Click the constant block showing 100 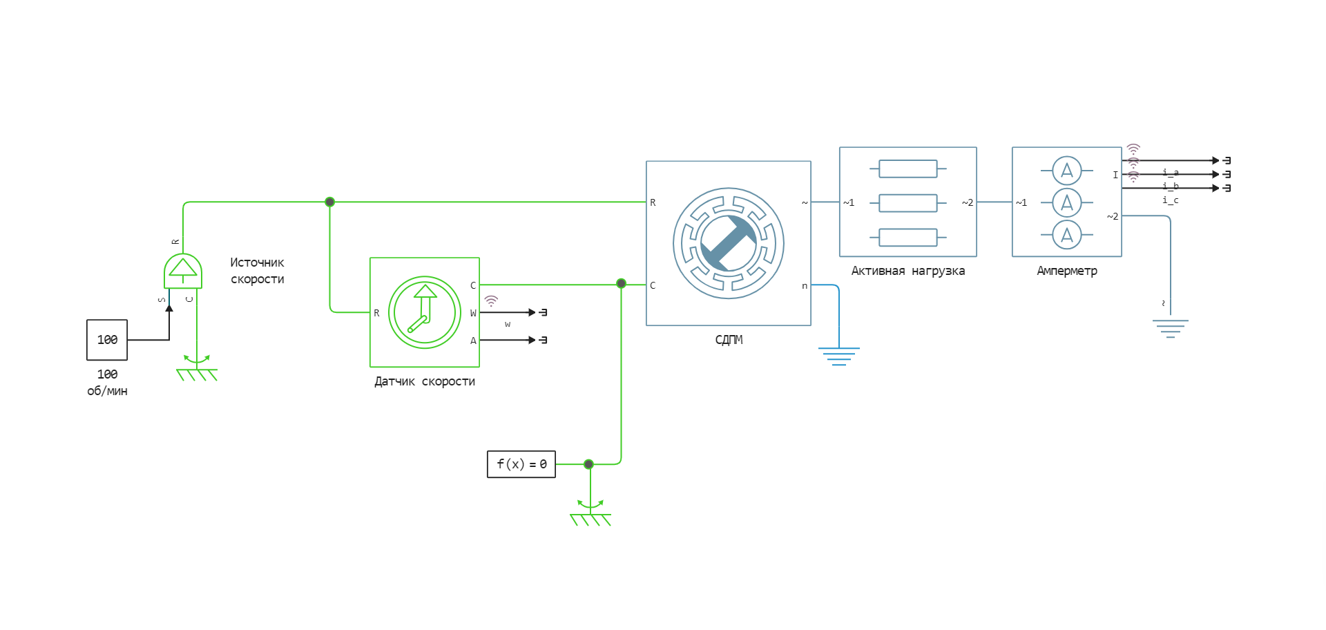coord(107,340)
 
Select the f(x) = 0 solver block coord(521,464)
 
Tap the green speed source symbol coord(183,270)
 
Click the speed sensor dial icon coord(424,312)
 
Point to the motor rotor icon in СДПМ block coord(728,243)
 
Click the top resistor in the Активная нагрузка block coord(907,169)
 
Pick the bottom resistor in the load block coord(907,237)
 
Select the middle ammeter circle coord(1066,202)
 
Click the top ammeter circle coord(1066,170)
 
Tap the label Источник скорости coord(257,271)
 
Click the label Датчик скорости coord(424,381)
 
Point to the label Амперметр coord(1066,271)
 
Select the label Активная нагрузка coord(907,271)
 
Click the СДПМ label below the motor coord(729,340)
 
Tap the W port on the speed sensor coord(473,313)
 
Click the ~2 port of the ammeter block coord(1112,216)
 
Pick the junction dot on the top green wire coord(329,202)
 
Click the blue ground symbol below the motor coord(838,356)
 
